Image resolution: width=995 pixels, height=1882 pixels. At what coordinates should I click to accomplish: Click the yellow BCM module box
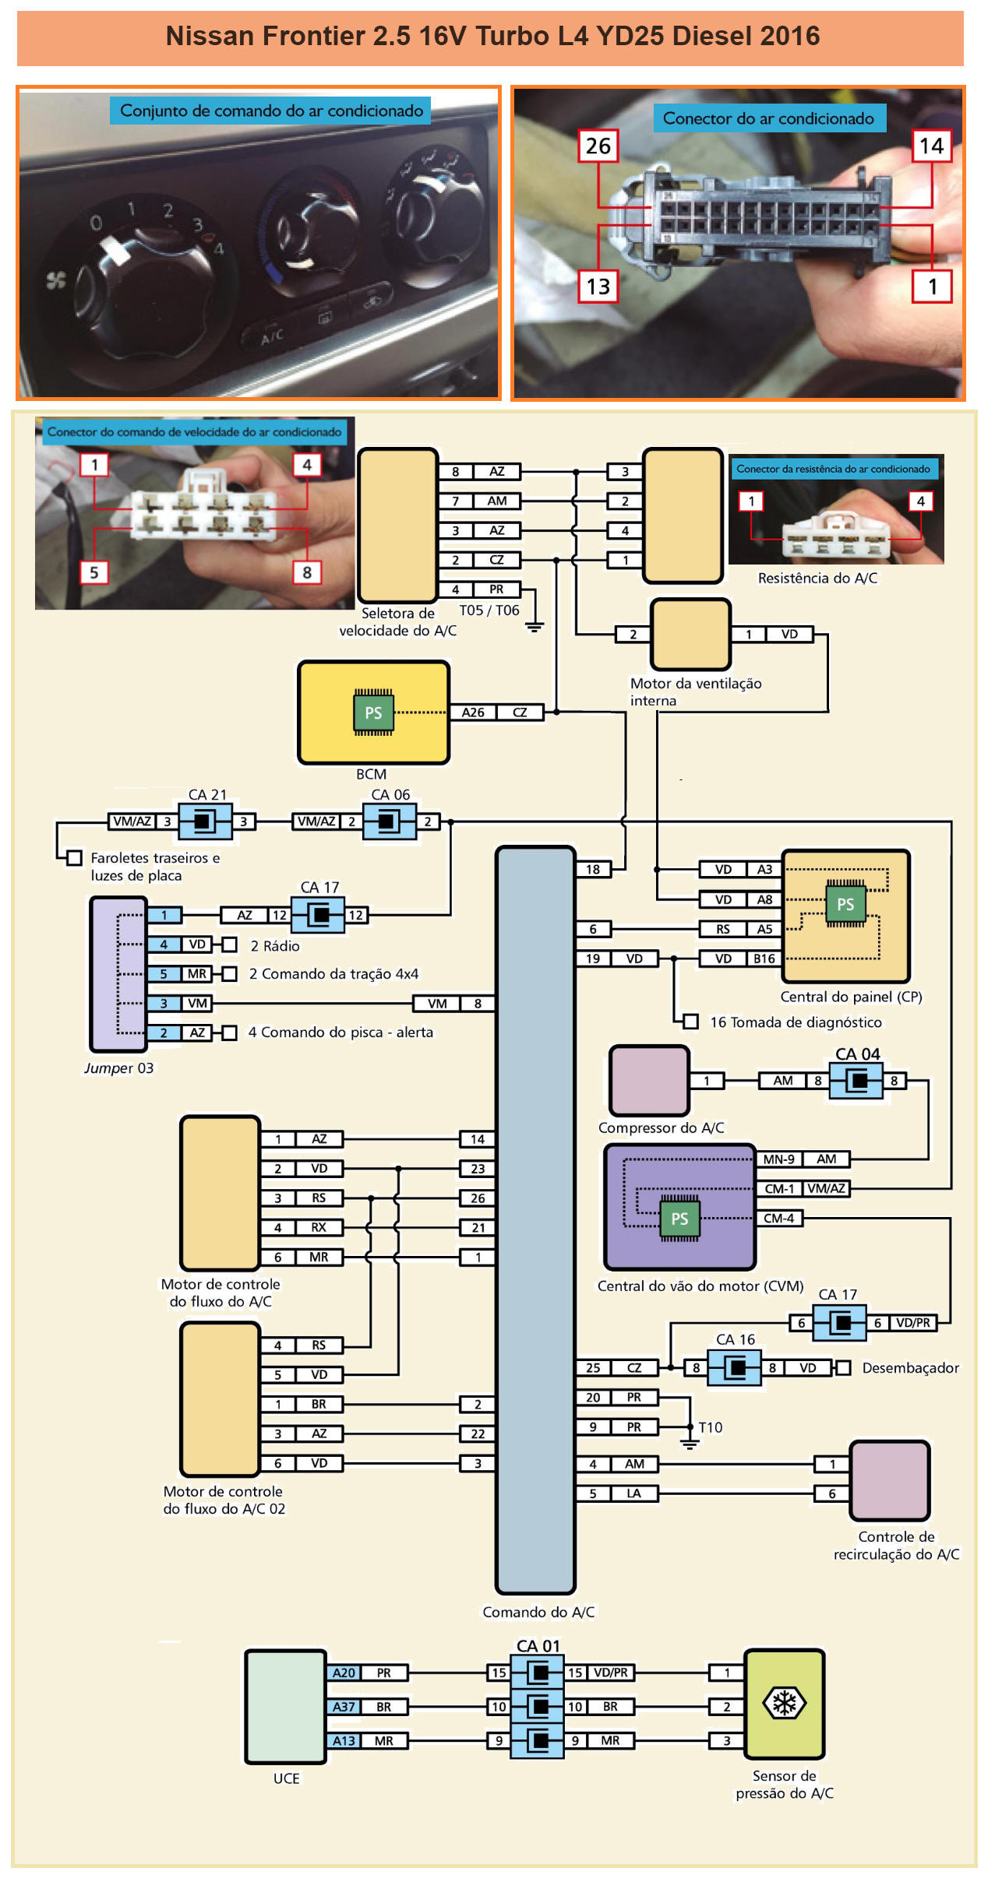373,712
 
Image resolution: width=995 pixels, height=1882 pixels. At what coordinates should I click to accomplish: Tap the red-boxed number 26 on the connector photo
598,146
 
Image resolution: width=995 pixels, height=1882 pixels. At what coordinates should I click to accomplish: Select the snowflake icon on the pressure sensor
784,1703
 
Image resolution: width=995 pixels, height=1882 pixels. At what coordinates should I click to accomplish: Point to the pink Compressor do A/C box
649,1080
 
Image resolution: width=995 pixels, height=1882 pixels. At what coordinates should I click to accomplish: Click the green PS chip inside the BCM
373,712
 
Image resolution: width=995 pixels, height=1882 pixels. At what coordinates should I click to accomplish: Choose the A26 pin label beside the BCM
472,712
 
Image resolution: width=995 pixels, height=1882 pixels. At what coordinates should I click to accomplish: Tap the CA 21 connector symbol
205,821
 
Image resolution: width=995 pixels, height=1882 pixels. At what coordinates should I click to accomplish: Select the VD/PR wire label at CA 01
610,1672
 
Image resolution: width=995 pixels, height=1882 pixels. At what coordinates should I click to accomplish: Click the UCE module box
285,1705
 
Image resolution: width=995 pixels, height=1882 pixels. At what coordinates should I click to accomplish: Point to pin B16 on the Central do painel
764,959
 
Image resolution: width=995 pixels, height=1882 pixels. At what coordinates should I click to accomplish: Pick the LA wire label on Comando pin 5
634,1493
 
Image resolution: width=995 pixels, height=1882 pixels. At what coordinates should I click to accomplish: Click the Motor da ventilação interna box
690,634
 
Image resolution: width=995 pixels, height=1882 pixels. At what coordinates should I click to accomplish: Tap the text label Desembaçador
910,1367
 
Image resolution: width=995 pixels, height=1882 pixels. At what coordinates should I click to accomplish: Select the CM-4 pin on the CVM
778,1218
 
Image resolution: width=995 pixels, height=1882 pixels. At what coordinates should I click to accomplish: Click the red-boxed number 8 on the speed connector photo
306,572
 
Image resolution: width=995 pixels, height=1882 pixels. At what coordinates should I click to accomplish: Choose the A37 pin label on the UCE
344,1706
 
